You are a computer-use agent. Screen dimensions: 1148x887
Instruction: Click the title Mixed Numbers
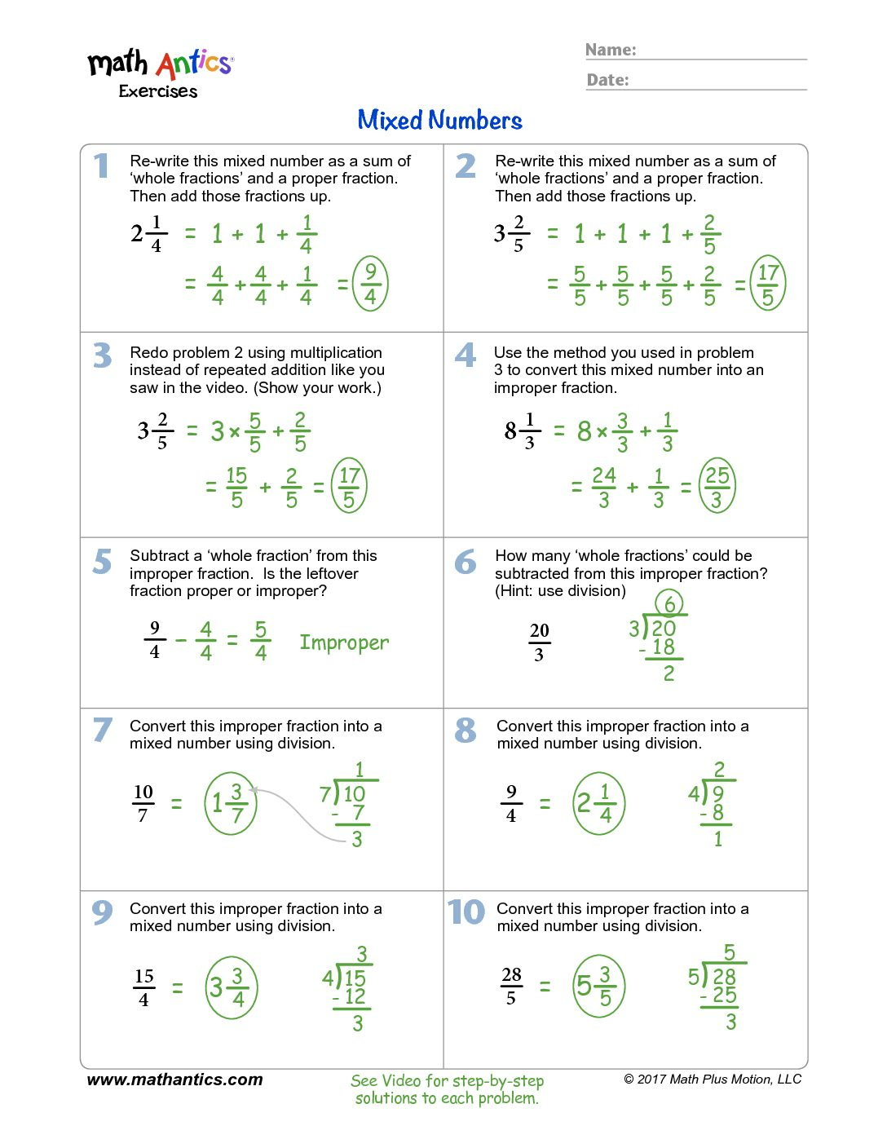tap(439, 121)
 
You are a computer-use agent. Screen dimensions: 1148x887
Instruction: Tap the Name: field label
tap(611, 51)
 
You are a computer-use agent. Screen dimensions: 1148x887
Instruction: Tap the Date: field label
tap(607, 80)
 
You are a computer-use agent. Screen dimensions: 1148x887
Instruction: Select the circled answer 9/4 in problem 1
tap(370, 284)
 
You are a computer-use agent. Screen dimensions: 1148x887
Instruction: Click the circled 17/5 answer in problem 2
tap(767, 284)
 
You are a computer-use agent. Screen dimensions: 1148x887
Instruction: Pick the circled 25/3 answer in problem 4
tap(717, 486)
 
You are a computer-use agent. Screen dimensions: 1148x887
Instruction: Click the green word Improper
tap(344, 642)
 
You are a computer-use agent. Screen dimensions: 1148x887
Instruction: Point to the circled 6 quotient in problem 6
tap(669, 603)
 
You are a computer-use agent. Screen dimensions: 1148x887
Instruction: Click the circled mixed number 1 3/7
tap(230, 803)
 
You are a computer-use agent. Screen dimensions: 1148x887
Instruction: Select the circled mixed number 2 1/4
tap(598, 803)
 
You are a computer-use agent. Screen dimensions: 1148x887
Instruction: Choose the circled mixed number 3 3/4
tap(231, 987)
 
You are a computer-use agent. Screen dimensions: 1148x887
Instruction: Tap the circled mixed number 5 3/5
tap(598, 987)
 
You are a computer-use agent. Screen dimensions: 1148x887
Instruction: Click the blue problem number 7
tap(102, 730)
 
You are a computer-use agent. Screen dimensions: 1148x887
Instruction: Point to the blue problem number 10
tap(466, 912)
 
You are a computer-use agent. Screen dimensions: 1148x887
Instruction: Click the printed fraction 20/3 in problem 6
tap(539, 642)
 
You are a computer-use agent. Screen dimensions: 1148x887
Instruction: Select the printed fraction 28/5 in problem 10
tap(511, 986)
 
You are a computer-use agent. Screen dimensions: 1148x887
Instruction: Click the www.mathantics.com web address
tap(174, 1080)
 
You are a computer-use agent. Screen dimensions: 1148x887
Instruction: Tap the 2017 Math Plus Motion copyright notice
tap(713, 1080)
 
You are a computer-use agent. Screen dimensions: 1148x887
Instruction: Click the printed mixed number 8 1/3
tap(519, 430)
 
